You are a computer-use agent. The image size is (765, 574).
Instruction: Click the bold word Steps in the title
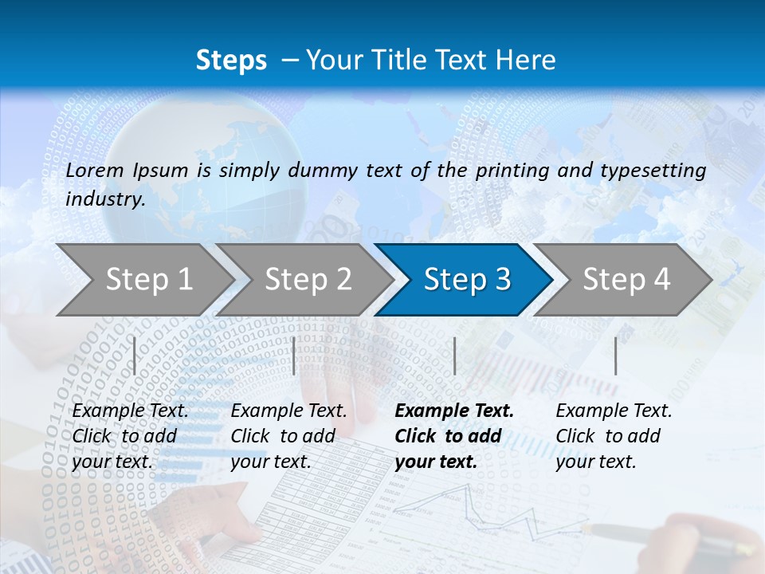[231, 61]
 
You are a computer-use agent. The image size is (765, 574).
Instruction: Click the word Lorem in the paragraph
[95, 170]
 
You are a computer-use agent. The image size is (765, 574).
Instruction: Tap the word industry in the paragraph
[104, 199]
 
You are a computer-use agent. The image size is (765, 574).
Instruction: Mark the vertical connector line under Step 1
[135, 356]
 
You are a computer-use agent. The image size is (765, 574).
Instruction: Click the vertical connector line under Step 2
[294, 356]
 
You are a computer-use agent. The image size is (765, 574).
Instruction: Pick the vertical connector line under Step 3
[454, 356]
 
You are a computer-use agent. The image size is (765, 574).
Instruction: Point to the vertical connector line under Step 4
[615, 356]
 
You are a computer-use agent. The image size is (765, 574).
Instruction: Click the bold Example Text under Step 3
[454, 411]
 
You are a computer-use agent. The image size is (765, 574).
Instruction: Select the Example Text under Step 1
[130, 411]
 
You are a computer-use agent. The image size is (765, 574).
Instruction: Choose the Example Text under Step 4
[614, 411]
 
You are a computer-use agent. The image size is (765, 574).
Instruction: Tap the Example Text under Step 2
[288, 411]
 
